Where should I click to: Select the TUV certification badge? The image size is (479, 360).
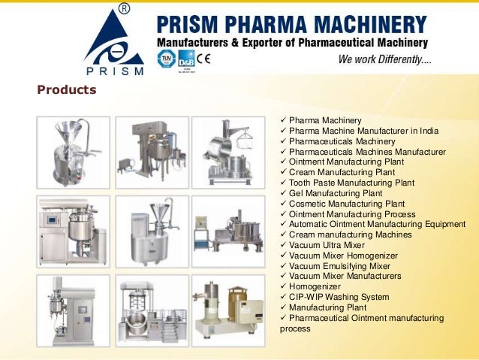tap(166, 59)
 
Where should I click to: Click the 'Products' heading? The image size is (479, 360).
tap(67, 90)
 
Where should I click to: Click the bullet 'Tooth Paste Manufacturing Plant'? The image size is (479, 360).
tap(351, 183)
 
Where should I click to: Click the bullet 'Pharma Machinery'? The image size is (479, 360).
tap(325, 120)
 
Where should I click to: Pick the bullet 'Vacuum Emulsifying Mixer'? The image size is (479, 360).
tap(339, 266)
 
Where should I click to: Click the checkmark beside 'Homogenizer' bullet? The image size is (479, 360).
tap(282, 286)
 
